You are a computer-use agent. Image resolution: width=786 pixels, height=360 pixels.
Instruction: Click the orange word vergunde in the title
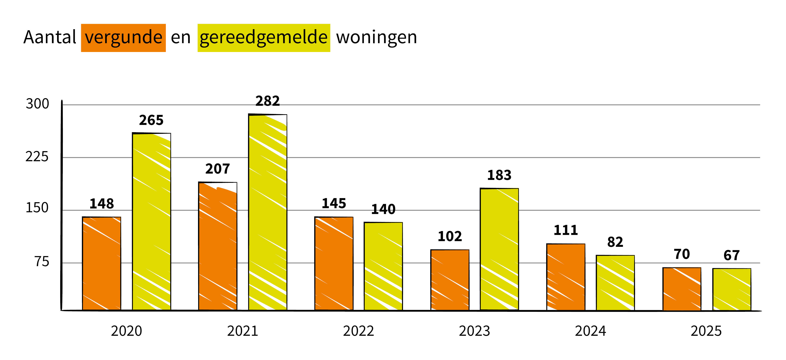click(123, 38)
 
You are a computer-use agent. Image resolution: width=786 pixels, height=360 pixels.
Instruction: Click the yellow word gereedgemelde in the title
click(264, 38)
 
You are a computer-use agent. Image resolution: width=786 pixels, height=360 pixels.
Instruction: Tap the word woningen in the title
click(376, 38)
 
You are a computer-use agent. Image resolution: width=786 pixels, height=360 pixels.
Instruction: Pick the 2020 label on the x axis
click(126, 331)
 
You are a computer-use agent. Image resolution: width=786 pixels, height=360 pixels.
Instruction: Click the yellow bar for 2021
click(268, 212)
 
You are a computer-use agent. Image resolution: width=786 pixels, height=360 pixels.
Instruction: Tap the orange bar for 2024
click(566, 277)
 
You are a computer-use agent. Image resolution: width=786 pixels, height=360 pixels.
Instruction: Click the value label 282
click(268, 101)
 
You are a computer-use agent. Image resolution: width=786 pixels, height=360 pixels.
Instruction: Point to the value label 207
click(218, 169)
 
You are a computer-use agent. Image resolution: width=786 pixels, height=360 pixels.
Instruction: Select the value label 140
click(383, 209)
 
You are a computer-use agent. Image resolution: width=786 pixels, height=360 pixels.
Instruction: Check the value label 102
click(450, 237)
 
